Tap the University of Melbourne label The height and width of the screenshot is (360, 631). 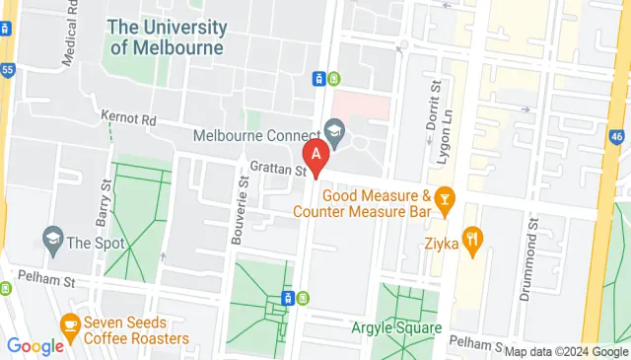167,36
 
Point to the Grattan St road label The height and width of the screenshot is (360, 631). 279,170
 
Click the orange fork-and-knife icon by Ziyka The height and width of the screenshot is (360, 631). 475,238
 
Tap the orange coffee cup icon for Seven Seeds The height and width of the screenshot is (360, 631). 69,324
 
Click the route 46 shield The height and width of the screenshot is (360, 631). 618,135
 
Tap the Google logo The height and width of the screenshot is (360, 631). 35,346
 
